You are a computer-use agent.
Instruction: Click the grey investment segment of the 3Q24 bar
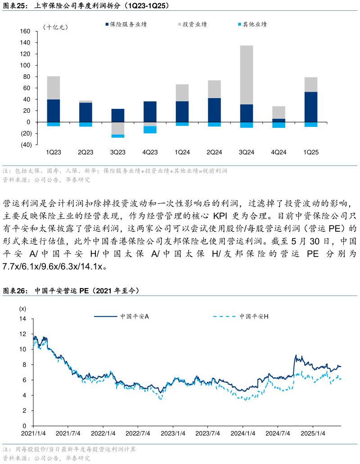point(246,75)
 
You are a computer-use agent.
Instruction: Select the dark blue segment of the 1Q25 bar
point(311,107)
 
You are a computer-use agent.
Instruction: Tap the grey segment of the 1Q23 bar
point(54,88)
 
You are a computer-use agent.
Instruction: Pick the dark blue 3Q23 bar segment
point(118,115)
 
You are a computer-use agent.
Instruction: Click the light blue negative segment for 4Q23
point(150,130)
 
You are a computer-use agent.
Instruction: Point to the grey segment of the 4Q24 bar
point(279,113)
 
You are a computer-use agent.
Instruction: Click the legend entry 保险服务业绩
point(128,24)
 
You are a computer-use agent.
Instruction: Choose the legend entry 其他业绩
point(255,24)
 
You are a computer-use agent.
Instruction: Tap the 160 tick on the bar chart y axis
point(25,32)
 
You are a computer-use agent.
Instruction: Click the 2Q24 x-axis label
point(214,153)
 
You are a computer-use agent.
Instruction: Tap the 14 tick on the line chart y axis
point(23,319)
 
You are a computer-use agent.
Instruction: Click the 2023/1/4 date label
point(173,433)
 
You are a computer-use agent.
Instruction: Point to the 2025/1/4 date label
point(312,433)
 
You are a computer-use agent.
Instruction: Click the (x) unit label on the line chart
point(22,309)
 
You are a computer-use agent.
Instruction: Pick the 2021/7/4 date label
point(68,433)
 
